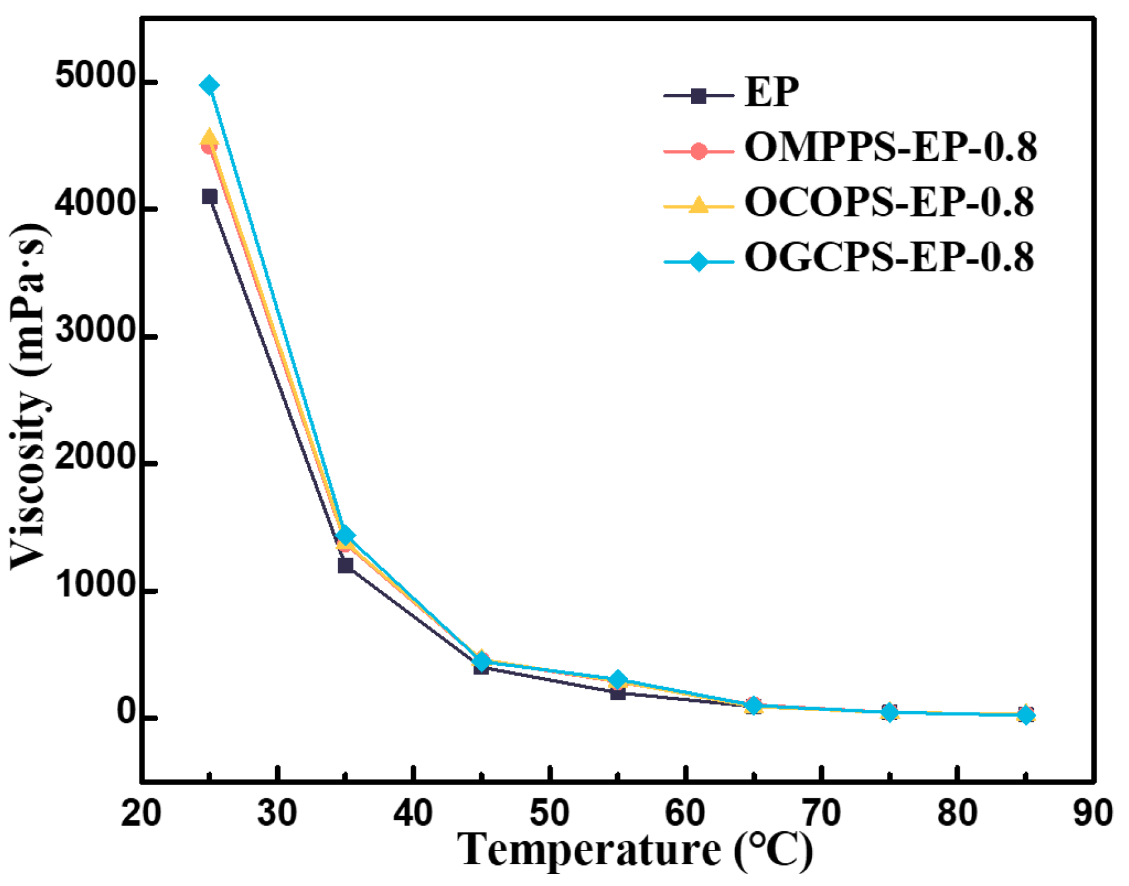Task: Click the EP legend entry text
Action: coord(772,93)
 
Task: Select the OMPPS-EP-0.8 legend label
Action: coord(890,148)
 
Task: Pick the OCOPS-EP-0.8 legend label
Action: coord(889,203)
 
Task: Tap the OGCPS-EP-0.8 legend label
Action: coord(889,258)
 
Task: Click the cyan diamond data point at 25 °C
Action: coord(210,85)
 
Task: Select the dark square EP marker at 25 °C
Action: coord(210,197)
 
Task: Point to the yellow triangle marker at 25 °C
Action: coord(210,138)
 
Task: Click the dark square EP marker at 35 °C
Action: coord(345,566)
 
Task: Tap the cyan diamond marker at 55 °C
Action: coord(617,679)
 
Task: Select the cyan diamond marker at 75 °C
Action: coord(890,712)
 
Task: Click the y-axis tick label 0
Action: coord(127,713)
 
